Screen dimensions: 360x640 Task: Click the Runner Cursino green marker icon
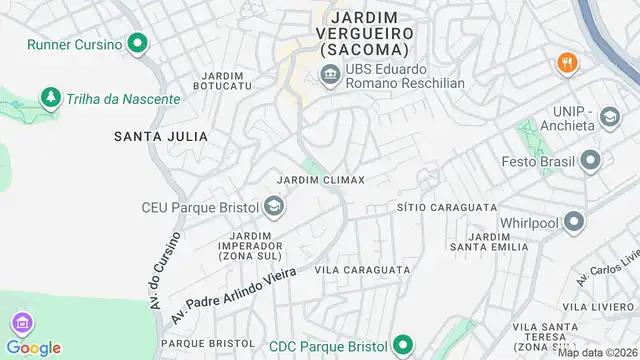pos(137,44)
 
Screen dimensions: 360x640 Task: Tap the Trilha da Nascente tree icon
pos(48,98)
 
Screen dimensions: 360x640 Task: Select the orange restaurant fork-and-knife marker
pos(567,62)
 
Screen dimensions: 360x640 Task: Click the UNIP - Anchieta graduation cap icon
pos(608,119)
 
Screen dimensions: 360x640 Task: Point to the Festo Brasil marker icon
pos(591,160)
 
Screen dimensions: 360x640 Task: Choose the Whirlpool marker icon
pos(573,221)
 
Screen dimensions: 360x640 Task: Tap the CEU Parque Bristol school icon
pos(273,208)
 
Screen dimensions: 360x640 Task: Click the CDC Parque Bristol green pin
pos(402,346)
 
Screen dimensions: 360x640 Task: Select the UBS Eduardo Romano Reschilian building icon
pos(329,75)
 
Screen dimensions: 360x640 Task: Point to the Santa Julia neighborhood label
pos(160,136)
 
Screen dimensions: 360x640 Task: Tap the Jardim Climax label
pos(320,180)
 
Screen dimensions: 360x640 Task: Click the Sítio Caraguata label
pos(447,207)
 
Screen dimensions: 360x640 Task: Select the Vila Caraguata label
pos(362,270)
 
